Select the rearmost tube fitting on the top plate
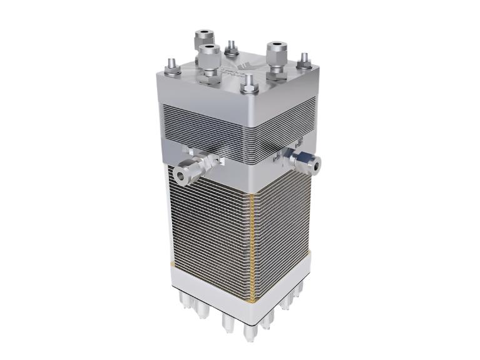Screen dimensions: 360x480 coord(204,39)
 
